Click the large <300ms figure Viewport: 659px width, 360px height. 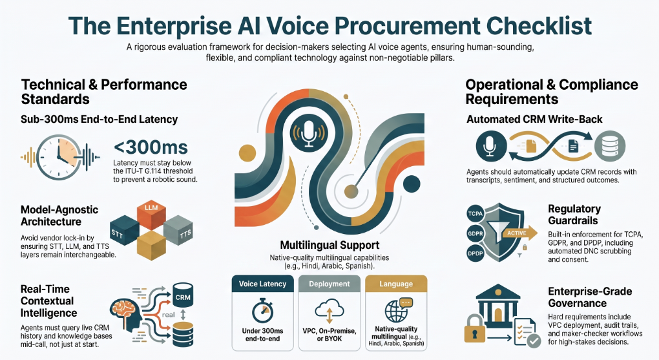pyautogui.click(x=151, y=147)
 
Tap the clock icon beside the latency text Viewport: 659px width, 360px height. pyautogui.click(x=58, y=157)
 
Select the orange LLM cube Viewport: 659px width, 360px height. pyautogui.click(x=151, y=215)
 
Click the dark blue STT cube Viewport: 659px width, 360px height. pyautogui.click(x=124, y=230)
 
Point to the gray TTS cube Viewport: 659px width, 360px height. pyautogui.click(x=178, y=230)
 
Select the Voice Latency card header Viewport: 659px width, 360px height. pyautogui.click(x=263, y=284)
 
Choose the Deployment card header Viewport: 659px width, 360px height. pyautogui.click(x=329, y=284)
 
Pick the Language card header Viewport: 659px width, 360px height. pyautogui.click(x=396, y=284)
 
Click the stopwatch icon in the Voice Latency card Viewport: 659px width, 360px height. pyautogui.click(x=263, y=311)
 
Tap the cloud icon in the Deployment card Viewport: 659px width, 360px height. pyautogui.click(x=329, y=312)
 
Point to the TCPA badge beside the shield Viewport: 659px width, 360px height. pyautogui.click(x=476, y=214)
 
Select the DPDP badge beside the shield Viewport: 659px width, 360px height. pyautogui.click(x=476, y=253)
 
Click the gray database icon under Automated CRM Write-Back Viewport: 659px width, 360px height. pyautogui.click(x=610, y=146)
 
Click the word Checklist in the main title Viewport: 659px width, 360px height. pyautogui.click(x=539, y=25)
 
